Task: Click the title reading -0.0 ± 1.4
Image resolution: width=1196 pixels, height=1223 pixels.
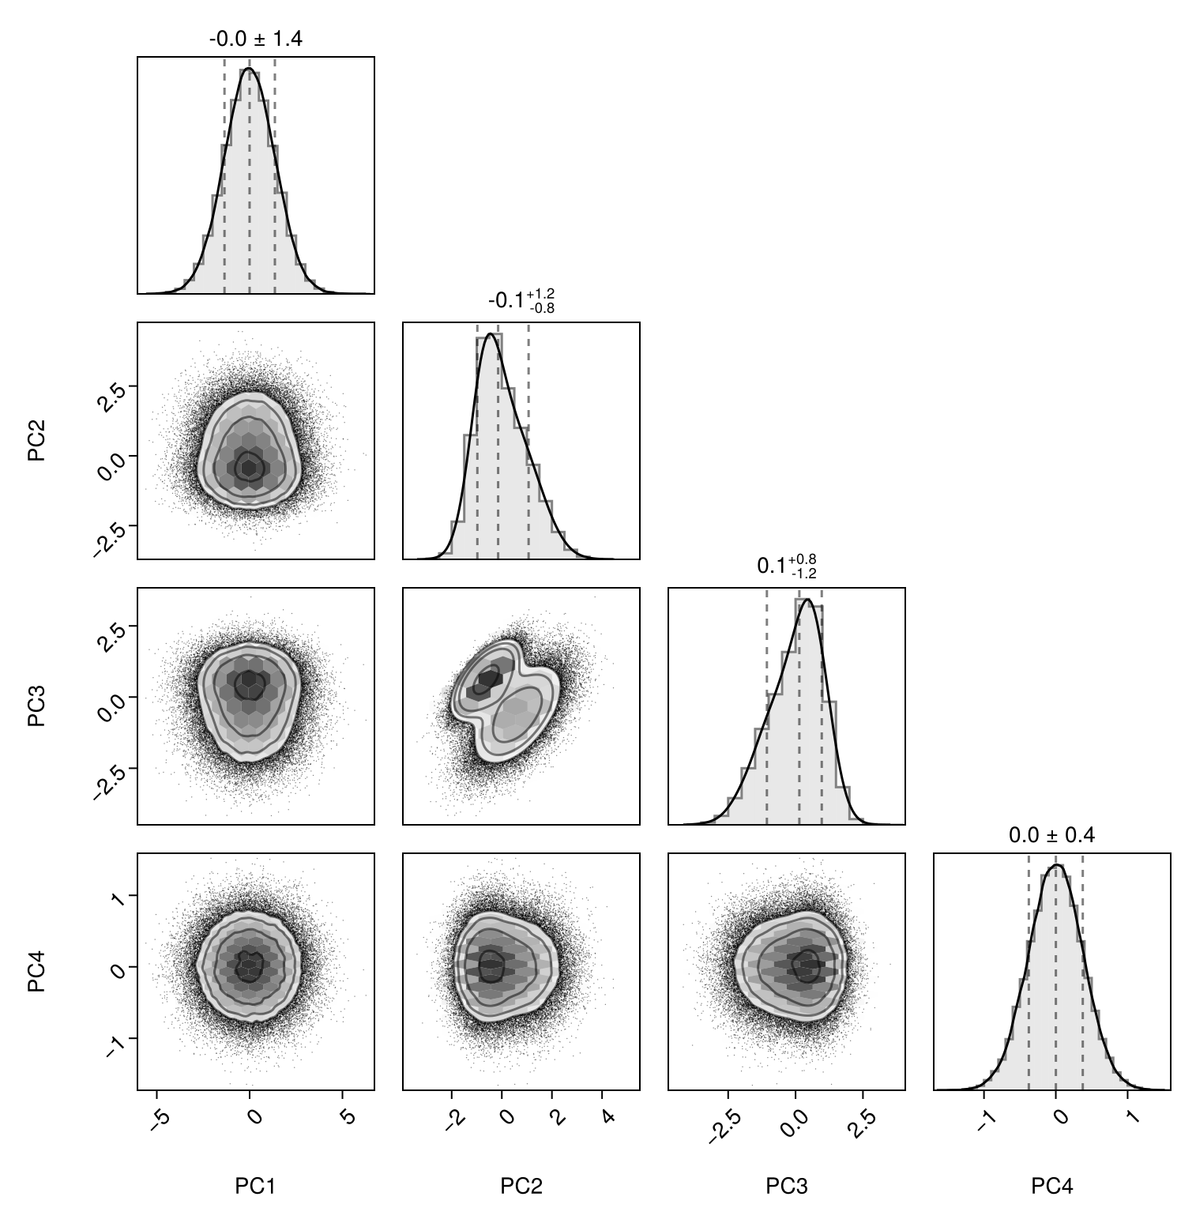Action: point(255,39)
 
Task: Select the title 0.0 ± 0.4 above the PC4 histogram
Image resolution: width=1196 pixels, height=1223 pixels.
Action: point(1051,835)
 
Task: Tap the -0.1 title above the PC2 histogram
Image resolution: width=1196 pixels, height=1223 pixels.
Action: point(521,300)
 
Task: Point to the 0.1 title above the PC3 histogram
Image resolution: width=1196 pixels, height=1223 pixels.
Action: point(786,566)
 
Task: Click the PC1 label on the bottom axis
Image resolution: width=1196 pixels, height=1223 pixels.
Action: point(255,1186)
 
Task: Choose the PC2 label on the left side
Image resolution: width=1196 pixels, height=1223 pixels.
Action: point(36,440)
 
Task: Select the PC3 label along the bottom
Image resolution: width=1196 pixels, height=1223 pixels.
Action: point(786,1186)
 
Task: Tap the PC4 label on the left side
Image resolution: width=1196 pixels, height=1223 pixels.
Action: point(36,971)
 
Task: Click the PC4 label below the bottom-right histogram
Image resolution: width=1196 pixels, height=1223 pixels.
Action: point(1051,1186)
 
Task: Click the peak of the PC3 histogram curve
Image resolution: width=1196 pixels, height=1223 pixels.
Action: point(807,600)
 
